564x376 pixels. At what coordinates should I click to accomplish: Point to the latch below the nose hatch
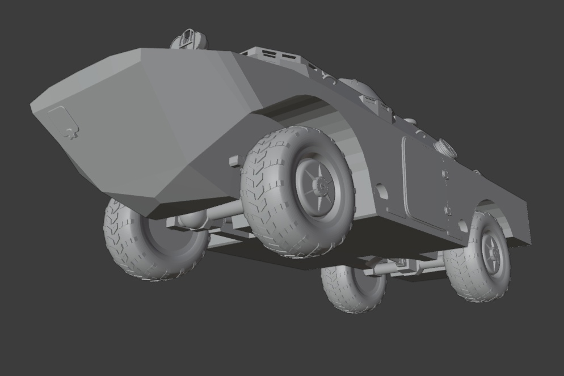tap(70, 134)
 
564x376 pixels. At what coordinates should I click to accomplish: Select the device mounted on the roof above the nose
tap(190, 40)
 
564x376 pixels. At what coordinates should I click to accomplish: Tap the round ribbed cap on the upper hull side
tap(445, 149)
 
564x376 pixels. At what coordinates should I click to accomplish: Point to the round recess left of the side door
tap(382, 192)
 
